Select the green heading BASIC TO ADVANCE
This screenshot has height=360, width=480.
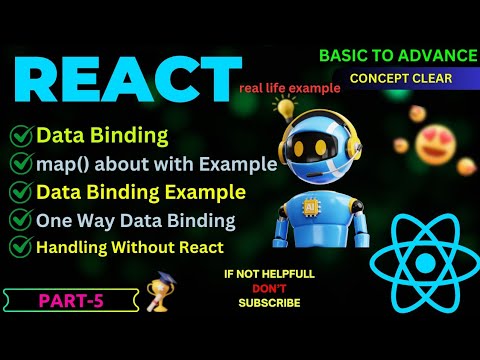[400, 56]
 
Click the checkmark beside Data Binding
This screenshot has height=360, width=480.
[21, 135]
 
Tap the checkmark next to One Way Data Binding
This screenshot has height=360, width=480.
[21, 221]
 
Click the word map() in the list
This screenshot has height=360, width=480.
[59, 163]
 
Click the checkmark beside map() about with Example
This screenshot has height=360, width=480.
[21, 163]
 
